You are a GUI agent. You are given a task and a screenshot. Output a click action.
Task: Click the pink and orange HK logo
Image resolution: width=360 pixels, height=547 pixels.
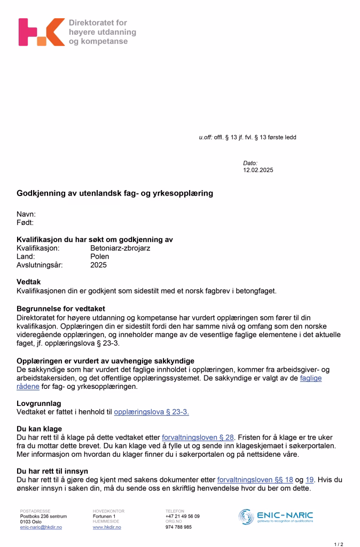pos(41,32)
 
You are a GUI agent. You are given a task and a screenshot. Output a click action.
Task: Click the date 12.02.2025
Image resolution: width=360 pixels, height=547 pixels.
pos(258,170)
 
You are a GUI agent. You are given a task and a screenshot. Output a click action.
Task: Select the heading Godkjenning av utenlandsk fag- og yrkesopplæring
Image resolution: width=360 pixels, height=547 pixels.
pos(115,193)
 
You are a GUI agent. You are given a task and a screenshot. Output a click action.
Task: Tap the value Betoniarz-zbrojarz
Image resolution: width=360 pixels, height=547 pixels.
pos(120,248)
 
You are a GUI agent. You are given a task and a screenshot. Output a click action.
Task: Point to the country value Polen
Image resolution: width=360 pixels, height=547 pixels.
pos(99,256)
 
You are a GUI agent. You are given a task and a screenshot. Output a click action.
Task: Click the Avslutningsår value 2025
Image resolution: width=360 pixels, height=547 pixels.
pos(98,265)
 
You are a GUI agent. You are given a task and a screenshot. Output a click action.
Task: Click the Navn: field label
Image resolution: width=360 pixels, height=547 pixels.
pos(26,214)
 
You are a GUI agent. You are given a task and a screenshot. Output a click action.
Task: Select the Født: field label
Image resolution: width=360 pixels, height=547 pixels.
pos(25,222)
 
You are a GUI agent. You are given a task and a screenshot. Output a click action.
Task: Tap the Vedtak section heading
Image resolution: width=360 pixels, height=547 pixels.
pos(29,282)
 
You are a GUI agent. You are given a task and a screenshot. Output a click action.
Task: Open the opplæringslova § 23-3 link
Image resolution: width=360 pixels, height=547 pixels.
pos(151,412)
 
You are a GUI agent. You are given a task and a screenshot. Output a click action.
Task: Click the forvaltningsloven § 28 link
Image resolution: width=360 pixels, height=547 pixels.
pos(198,437)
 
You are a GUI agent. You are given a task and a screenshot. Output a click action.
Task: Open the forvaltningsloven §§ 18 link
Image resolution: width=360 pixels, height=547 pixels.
pos(255,480)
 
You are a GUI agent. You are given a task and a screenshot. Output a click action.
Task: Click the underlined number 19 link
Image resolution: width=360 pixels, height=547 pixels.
pos(310,480)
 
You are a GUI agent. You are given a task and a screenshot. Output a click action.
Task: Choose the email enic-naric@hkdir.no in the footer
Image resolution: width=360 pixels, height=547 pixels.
pos(41,527)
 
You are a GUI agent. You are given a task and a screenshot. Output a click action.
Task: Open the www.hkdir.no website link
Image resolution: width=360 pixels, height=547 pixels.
pos(107,527)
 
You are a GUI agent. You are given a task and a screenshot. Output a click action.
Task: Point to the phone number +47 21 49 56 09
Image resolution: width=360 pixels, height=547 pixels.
pos(183,517)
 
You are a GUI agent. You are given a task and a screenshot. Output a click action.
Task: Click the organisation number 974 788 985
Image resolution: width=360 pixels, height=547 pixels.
pos(178,527)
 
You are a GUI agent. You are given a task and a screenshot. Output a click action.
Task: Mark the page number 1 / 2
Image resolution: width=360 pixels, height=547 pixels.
pos(339,544)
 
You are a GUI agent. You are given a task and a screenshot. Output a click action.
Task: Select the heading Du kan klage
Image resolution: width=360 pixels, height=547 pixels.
pos(39,428)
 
